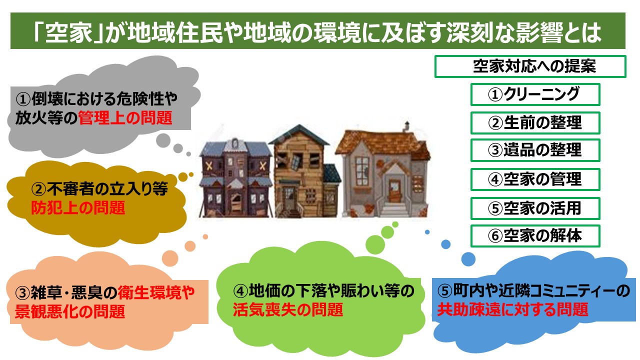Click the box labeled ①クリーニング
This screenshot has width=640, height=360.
click(535, 94)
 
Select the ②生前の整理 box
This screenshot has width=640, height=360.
click(535, 123)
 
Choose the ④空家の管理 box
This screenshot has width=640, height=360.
click(535, 179)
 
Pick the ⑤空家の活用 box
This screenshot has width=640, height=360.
click(535, 208)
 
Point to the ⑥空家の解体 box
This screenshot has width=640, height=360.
click(535, 236)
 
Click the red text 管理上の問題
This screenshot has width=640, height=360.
click(125, 118)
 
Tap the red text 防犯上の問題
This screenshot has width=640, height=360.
click(78, 207)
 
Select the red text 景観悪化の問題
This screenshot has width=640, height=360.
click(69, 311)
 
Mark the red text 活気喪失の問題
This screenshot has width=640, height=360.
click(288, 309)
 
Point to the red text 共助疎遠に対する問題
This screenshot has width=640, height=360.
click(512, 309)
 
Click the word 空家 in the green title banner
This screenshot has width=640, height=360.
click(69, 32)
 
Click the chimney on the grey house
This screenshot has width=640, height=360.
click(406, 127)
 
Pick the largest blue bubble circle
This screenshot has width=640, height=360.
click(468, 259)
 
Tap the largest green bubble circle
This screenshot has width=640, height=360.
click(375, 244)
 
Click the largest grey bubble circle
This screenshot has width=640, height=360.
click(163, 140)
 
